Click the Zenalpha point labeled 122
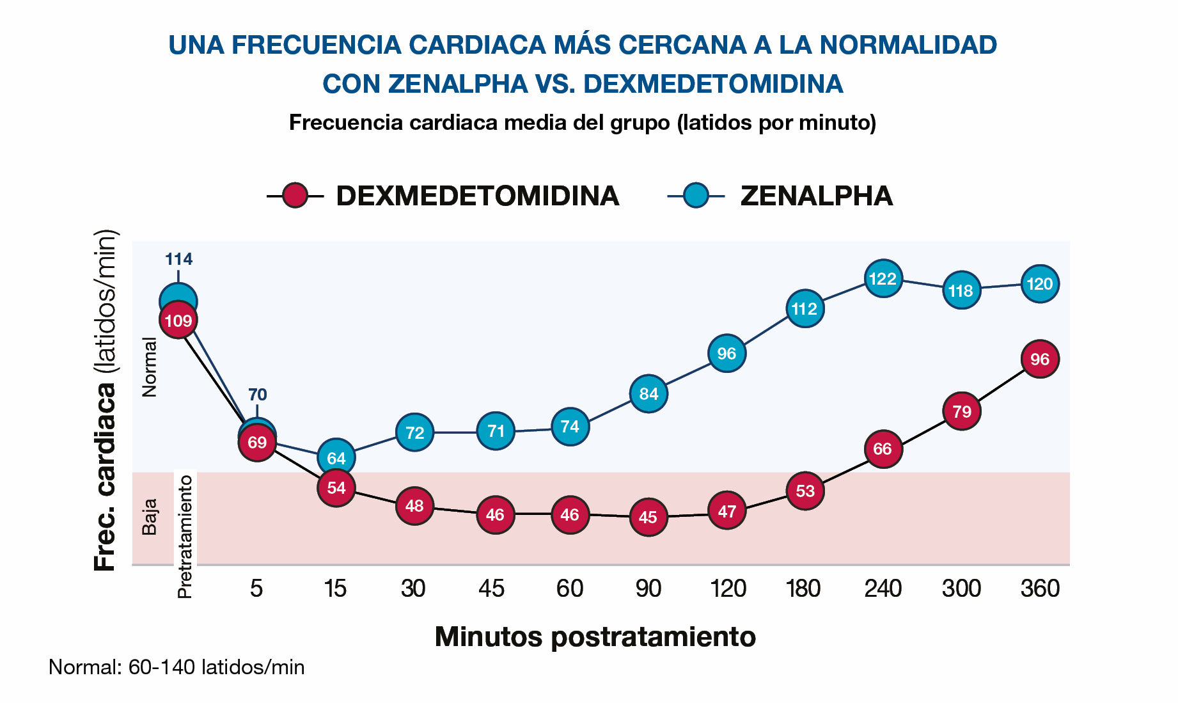pyautogui.click(x=883, y=278)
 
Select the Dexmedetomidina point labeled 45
pyautogui.click(x=648, y=517)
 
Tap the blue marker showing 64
pyautogui.click(x=336, y=457)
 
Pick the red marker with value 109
pyautogui.click(x=178, y=320)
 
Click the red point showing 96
pyautogui.click(x=1040, y=359)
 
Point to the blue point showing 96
pyautogui.click(x=726, y=353)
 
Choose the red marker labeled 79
pyautogui.click(x=962, y=411)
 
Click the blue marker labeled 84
pyautogui.click(x=648, y=394)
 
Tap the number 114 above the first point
pyautogui.click(x=178, y=259)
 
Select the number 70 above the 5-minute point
pyautogui.click(x=257, y=394)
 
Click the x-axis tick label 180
pyautogui.click(x=804, y=588)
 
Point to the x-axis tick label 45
pyautogui.click(x=492, y=588)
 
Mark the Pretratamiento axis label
pyautogui.click(x=185, y=536)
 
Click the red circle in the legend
pyautogui.click(x=295, y=195)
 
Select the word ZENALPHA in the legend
pyautogui.click(x=816, y=196)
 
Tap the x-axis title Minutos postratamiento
pyautogui.click(x=595, y=636)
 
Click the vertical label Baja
pyautogui.click(x=149, y=517)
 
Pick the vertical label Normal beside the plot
pyautogui.click(x=149, y=367)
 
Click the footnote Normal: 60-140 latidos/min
pyautogui.click(x=177, y=667)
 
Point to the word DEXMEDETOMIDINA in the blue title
pyautogui.click(x=713, y=84)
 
